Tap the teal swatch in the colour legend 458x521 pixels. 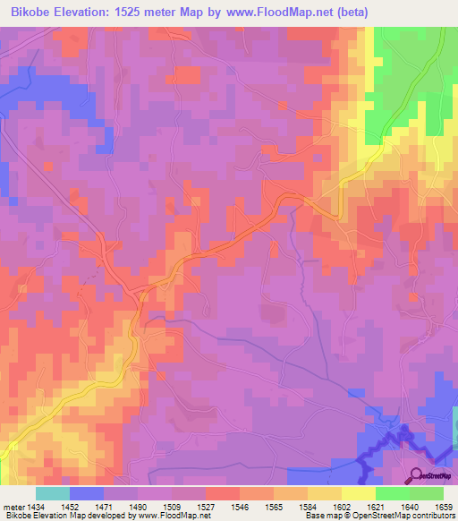(x=53, y=493)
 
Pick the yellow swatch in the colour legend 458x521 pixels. (x=358, y=493)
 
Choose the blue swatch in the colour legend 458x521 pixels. (x=87, y=493)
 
